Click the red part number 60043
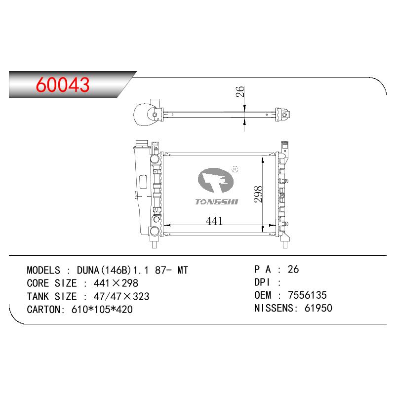click(x=63, y=84)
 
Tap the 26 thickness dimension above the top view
click(x=240, y=91)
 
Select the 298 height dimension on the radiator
click(x=258, y=194)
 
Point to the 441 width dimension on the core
click(x=214, y=221)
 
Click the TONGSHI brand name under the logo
click(x=216, y=201)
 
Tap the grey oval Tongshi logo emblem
click(x=216, y=180)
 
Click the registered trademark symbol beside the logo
click(x=235, y=169)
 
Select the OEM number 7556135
click(x=307, y=295)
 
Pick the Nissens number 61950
click(x=318, y=308)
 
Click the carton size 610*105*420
click(x=102, y=310)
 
